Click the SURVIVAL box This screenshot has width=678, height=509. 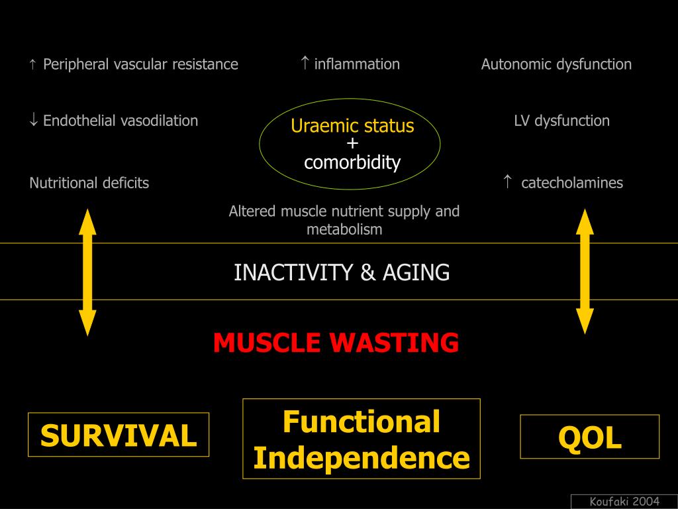(119, 435)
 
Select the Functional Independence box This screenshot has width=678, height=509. (362, 439)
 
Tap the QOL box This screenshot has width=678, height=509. (590, 437)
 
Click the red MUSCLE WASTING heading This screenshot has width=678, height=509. (336, 343)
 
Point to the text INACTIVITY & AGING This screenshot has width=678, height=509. (342, 272)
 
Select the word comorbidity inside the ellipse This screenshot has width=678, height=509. (352, 162)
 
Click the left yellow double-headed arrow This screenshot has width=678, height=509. (88, 272)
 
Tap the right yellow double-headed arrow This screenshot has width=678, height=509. (585, 271)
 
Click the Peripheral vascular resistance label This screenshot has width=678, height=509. (140, 64)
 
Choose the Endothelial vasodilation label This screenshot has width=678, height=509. (121, 121)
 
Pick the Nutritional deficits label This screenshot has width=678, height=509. (89, 183)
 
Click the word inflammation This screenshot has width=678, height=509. (357, 64)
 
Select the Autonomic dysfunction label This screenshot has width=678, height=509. (556, 64)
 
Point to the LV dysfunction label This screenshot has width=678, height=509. (561, 121)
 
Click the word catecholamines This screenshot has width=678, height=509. (572, 183)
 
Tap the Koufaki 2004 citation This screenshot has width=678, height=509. (624, 502)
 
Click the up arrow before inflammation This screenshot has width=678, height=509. (305, 63)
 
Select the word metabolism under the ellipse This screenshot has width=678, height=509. (344, 229)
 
